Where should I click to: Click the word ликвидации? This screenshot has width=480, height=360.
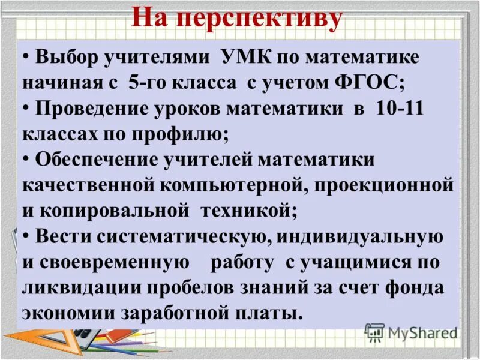coord(78,288)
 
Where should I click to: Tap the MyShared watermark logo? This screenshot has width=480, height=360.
coord(411,332)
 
